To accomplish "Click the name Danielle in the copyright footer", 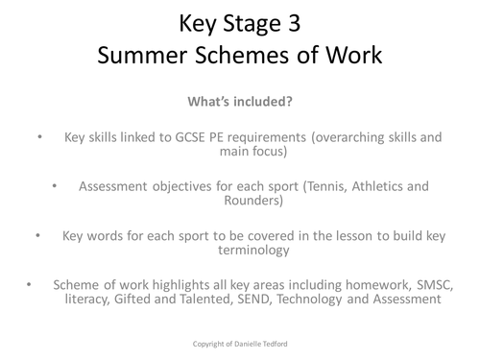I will coord(252,341).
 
